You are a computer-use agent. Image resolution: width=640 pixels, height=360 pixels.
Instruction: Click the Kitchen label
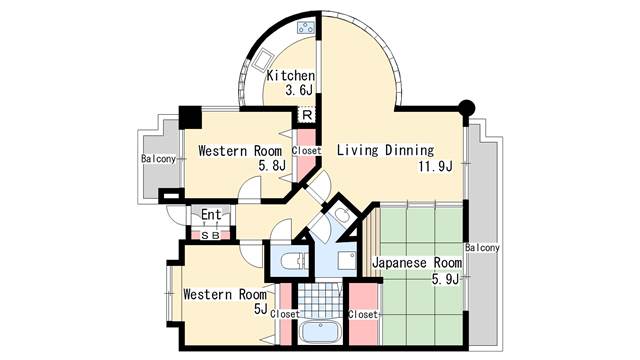click(x=291, y=76)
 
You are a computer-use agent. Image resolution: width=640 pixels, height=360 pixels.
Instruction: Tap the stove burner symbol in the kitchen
click(x=306, y=28)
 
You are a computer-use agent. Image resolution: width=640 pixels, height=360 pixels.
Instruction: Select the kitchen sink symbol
click(x=262, y=60)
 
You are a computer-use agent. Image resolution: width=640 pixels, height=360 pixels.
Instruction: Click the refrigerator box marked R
click(x=307, y=115)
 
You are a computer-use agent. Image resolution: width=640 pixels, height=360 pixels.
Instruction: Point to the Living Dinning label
click(x=385, y=150)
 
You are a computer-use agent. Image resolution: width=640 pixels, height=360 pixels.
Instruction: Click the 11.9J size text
click(x=435, y=166)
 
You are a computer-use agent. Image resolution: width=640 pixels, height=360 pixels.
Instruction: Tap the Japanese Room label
click(x=417, y=263)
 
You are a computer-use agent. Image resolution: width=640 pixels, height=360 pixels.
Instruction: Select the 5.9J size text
click(x=445, y=279)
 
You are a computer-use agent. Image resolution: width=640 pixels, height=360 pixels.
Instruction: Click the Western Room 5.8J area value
click(x=272, y=165)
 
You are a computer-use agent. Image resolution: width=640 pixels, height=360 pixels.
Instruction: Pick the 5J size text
click(x=260, y=309)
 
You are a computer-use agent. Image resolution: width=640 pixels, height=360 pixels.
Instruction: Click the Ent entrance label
click(x=211, y=214)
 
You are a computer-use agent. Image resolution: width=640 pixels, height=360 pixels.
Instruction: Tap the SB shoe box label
click(x=211, y=236)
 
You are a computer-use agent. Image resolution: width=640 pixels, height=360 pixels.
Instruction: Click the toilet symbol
click(x=293, y=260)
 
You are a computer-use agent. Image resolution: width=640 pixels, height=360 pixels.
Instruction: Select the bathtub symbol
click(x=321, y=332)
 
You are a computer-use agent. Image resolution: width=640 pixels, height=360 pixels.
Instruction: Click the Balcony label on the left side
click(x=158, y=158)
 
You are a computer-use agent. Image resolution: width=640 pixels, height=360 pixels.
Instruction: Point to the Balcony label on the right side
click(x=482, y=248)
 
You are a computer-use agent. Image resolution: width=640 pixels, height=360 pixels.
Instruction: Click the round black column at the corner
click(x=467, y=108)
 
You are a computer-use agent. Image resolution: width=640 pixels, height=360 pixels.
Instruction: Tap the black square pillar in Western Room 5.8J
click(x=190, y=118)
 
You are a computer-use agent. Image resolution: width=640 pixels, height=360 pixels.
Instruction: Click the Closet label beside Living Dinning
click(x=307, y=151)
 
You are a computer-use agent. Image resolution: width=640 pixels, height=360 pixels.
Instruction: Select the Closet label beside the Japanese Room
click(x=363, y=315)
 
